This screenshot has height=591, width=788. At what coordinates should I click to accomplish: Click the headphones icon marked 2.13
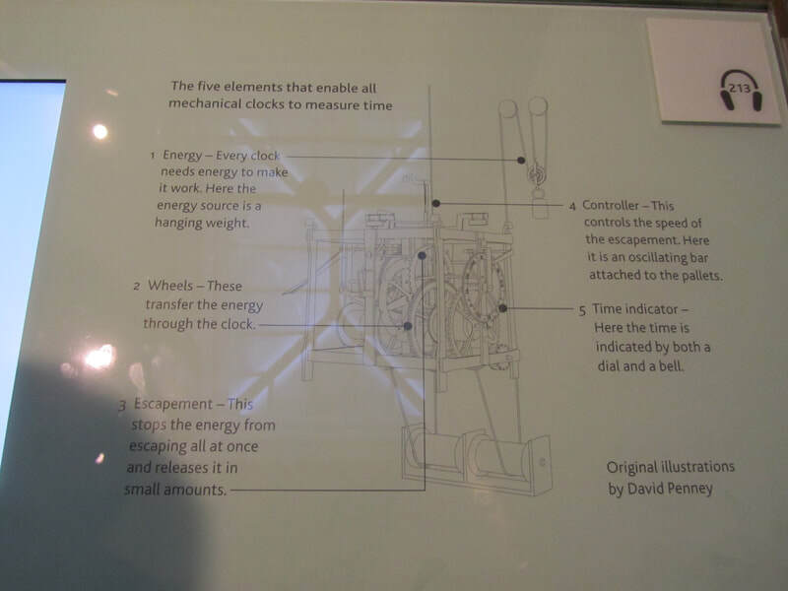click(741, 90)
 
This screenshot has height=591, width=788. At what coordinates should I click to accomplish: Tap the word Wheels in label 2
click(169, 286)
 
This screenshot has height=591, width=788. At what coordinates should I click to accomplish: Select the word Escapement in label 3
click(173, 404)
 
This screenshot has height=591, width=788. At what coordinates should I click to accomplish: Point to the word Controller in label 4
click(610, 205)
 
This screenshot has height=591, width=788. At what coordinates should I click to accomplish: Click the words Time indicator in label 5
click(634, 309)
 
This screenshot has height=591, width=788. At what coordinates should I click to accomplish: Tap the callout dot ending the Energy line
click(521, 160)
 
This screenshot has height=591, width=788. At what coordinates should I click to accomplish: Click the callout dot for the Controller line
click(436, 203)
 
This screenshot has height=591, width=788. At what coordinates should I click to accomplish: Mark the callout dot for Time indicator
click(502, 308)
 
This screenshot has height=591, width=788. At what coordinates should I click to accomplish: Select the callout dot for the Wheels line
click(408, 326)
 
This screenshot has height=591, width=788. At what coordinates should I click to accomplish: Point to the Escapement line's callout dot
click(422, 256)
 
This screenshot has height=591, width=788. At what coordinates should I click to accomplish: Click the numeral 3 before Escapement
click(122, 405)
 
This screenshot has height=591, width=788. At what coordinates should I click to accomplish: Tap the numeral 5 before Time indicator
click(582, 310)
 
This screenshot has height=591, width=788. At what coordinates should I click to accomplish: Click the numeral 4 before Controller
click(572, 207)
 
